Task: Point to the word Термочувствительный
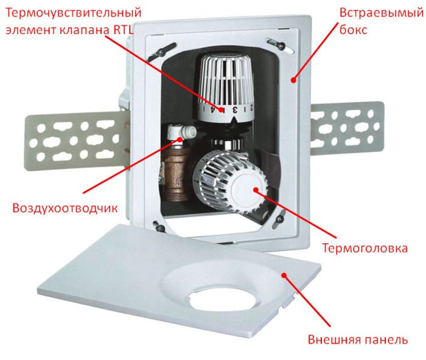pyautogui.click(x=74, y=12)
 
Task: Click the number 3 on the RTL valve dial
pyautogui.click(x=232, y=110)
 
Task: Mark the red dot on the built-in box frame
pyautogui.click(x=292, y=78)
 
